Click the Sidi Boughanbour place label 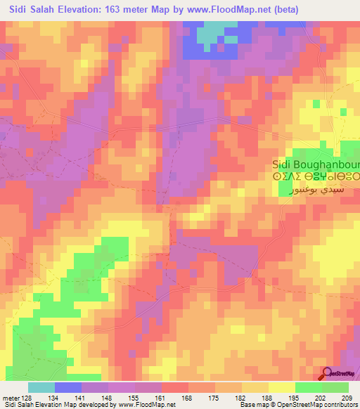tap(316, 165)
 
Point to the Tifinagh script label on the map tap(316, 178)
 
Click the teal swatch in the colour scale tap(41, 387)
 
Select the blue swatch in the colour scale tap(68, 387)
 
